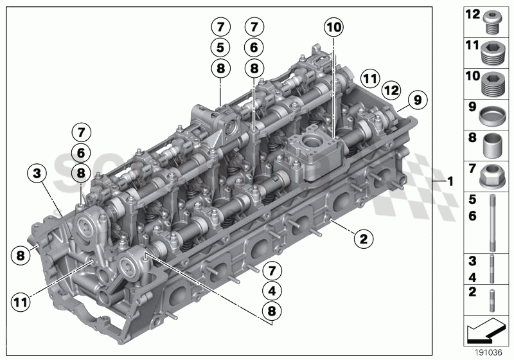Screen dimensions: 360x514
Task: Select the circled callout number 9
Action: (x=417, y=100)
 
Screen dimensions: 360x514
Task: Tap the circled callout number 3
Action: (x=37, y=173)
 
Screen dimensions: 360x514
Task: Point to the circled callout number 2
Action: (x=363, y=240)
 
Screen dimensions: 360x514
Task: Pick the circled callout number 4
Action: (x=272, y=291)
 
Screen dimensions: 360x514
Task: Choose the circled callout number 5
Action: (x=220, y=47)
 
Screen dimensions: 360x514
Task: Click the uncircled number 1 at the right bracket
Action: (x=450, y=182)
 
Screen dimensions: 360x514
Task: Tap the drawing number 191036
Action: (x=488, y=352)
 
